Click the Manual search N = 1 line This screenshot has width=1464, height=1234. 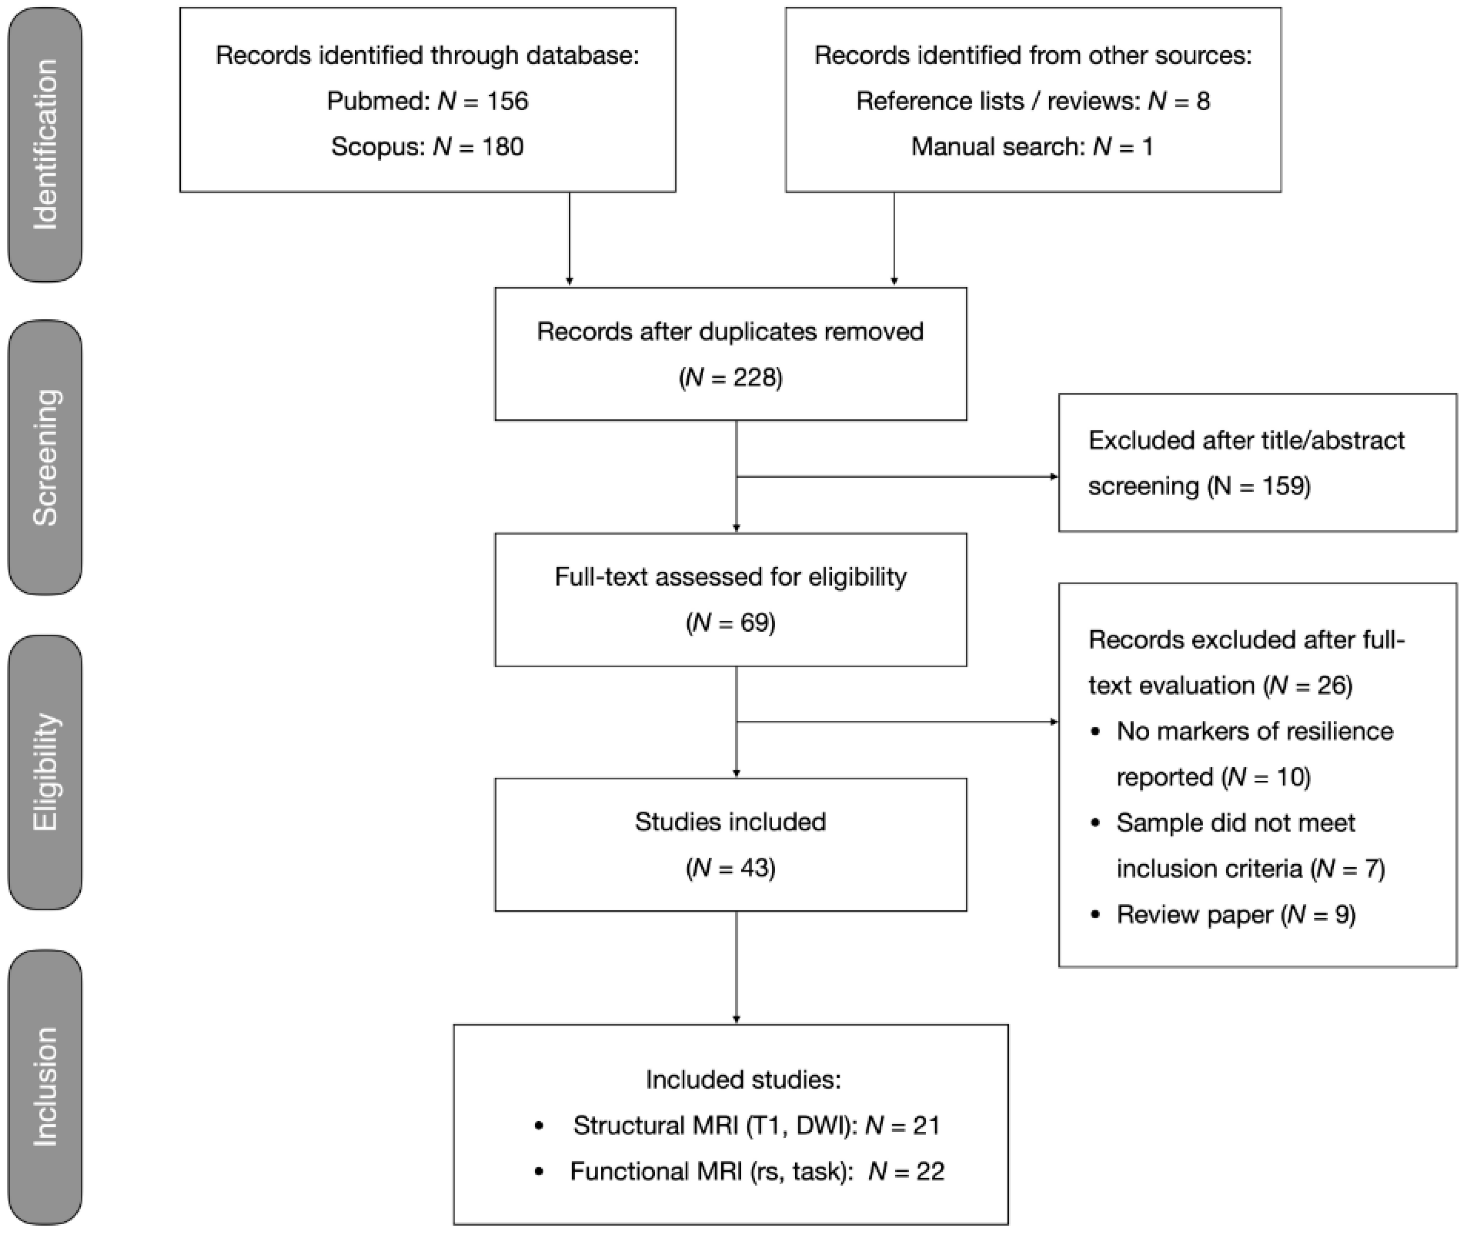point(1032,147)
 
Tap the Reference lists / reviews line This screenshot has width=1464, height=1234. point(1032,101)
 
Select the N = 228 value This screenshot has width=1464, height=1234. point(731,378)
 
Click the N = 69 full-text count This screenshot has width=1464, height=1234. point(731,623)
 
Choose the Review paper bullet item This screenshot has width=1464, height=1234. point(1235,914)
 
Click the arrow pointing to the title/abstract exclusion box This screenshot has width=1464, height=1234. point(896,477)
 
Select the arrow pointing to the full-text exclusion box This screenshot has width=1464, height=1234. point(896,722)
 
